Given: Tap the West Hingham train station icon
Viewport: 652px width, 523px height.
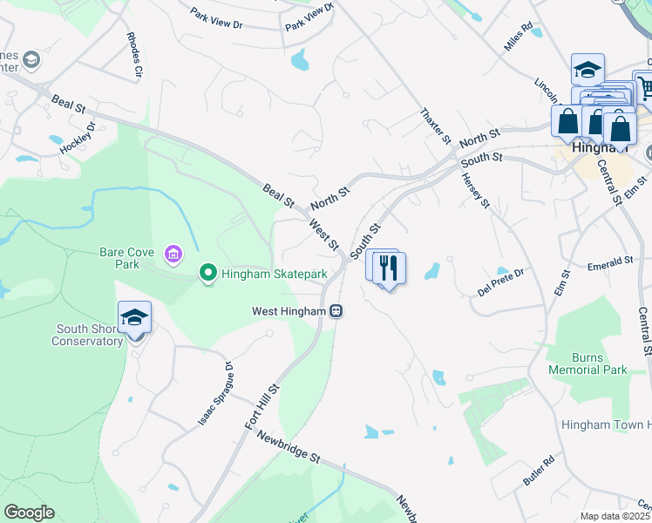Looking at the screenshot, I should click(336, 311).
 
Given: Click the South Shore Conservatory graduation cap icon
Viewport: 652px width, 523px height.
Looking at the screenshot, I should click(135, 317).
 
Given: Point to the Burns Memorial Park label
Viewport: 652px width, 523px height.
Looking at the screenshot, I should click(587, 363).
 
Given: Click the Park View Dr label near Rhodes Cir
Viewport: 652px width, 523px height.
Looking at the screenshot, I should click(216, 20).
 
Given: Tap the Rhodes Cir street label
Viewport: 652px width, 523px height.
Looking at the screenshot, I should click(134, 56).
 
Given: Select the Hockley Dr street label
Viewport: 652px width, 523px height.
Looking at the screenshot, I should click(78, 138).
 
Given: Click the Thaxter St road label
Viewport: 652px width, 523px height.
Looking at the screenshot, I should click(436, 127).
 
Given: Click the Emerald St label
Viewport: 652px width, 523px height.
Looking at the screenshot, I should click(609, 261).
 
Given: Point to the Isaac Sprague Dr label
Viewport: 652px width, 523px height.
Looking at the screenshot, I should click(215, 393).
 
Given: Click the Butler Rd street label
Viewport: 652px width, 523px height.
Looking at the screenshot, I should click(539, 470).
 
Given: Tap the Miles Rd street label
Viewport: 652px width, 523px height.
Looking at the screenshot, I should click(518, 37).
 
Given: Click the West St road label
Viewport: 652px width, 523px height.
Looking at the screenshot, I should click(324, 234).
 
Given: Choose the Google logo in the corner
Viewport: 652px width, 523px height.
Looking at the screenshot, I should click(30, 513).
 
